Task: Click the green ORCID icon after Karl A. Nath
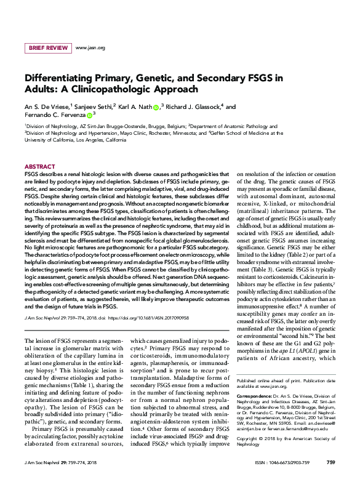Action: click(x=156, y=107)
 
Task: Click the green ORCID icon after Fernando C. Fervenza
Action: click(x=89, y=115)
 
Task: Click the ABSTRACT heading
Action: click(x=40, y=167)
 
